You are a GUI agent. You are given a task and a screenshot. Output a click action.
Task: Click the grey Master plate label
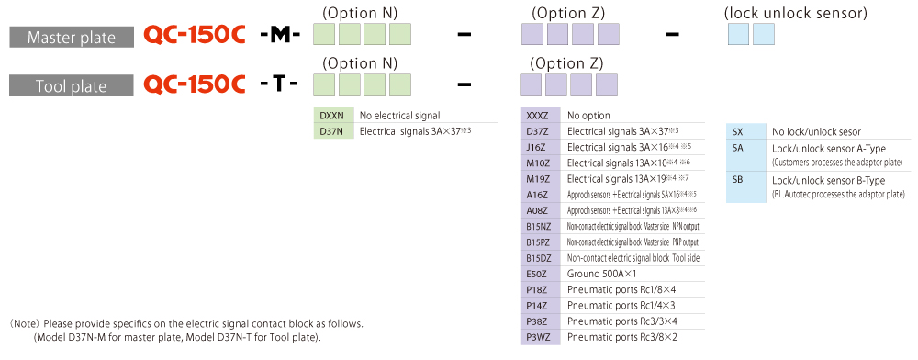tap(71, 38)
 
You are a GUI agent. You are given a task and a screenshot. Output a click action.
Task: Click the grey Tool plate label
tap(71, 85)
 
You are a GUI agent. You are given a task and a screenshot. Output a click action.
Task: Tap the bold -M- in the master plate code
tap(280, 37)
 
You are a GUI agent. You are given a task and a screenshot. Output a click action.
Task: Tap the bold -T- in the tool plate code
tap(279, 84)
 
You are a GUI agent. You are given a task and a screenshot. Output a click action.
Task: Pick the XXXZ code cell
tap(540, 116)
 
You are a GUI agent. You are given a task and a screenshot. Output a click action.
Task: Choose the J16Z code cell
tap(540, 147)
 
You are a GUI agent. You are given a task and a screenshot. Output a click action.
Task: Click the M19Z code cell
tap(540, 178)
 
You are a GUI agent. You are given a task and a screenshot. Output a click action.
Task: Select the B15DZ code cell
tap(540, 257)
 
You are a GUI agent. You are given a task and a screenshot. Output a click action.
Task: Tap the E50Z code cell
tap(540, 274)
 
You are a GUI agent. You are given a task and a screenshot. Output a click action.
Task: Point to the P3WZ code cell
tap(540, 337)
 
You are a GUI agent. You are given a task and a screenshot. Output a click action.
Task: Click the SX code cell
tap(745, 131)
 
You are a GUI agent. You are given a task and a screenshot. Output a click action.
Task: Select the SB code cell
tap(745, 186)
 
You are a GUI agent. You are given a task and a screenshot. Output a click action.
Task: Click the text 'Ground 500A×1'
tap(602, 274)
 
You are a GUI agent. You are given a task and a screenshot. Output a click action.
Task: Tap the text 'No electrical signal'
tap(400, 116)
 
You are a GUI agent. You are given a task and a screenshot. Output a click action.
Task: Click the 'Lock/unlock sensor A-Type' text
tap(828, 149)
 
